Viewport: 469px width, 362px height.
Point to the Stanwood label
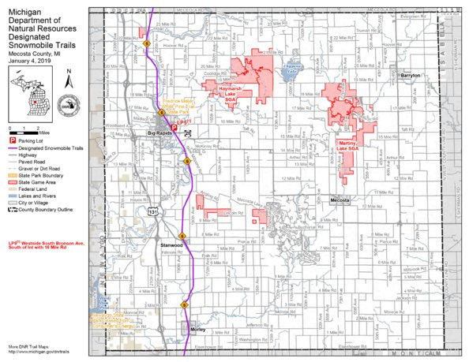click(171, 245)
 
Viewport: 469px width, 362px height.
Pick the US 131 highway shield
click(159, 211)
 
